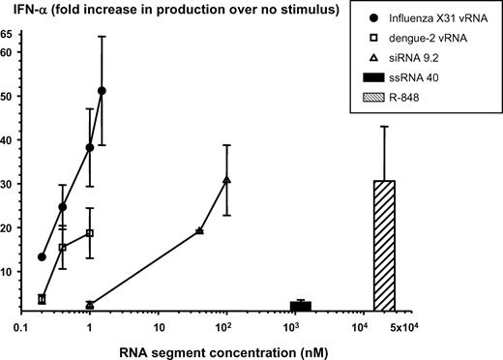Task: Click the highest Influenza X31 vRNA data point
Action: (x=102, y=91)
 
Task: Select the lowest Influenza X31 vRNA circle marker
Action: (x=42, y=256)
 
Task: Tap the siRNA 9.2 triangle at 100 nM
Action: (x=226, y=180)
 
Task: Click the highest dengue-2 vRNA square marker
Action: (x=90, y=233)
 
